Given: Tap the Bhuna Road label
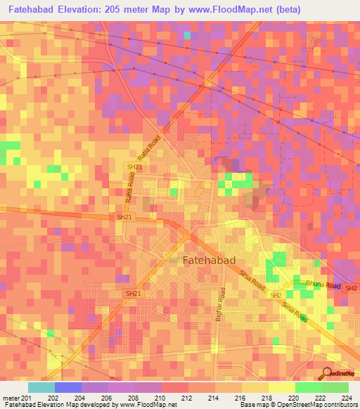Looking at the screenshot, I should click(323, 286).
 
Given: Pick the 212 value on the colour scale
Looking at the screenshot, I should click(188, 398).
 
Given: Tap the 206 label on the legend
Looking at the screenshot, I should click(108, 398).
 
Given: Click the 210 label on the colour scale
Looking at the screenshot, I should click(161, 398).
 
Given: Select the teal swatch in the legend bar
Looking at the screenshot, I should click(41, 387).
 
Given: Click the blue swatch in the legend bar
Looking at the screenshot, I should click(68, 387).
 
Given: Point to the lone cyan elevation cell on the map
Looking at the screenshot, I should click(187, 34).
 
